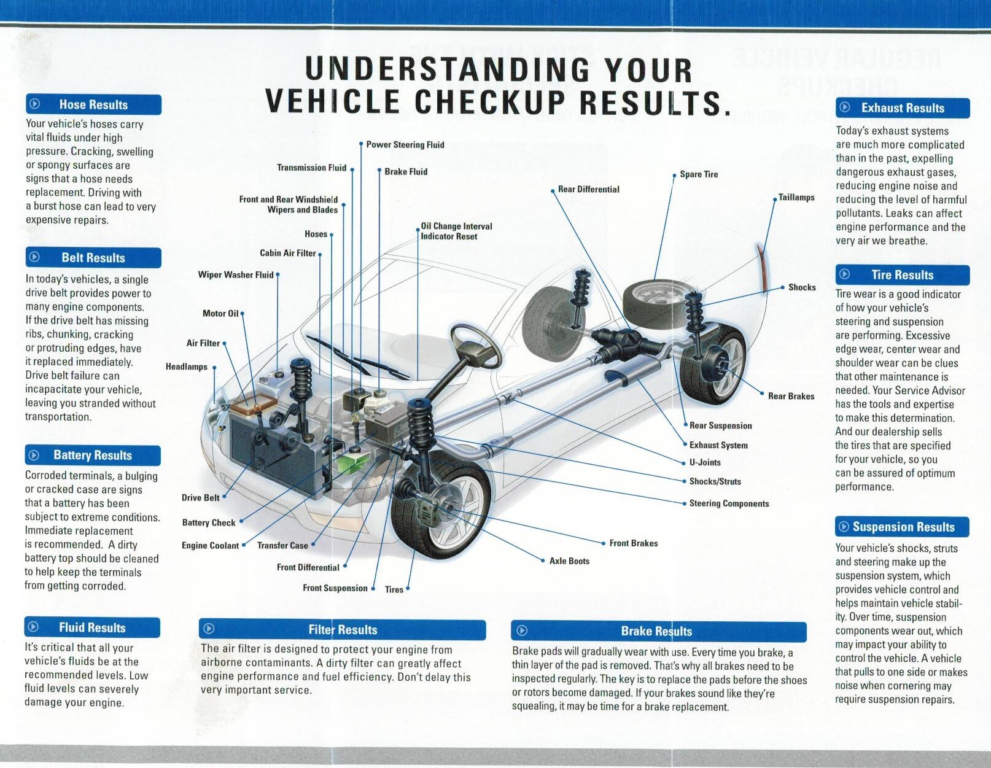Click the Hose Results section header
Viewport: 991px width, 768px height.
point(93,105)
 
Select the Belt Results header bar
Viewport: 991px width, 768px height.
point(93,258)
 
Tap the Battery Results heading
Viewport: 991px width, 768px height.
point(93,456)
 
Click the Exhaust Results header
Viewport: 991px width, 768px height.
point(903,108)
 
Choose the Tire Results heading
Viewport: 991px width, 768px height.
point(903,275)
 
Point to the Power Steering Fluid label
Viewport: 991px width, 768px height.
point(405,145)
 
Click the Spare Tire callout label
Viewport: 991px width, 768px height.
point(699,174)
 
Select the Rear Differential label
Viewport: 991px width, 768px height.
point(588,189)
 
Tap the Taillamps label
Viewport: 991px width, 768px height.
point(796,197)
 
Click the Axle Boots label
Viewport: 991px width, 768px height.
point(569,560)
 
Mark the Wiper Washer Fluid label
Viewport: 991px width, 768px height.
point(236,274)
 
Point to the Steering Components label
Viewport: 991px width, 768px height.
point(729,503)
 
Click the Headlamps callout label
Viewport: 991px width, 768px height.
point(187,367)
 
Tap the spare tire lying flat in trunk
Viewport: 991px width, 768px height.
point(653,299)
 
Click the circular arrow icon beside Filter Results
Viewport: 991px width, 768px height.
point(209,629)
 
